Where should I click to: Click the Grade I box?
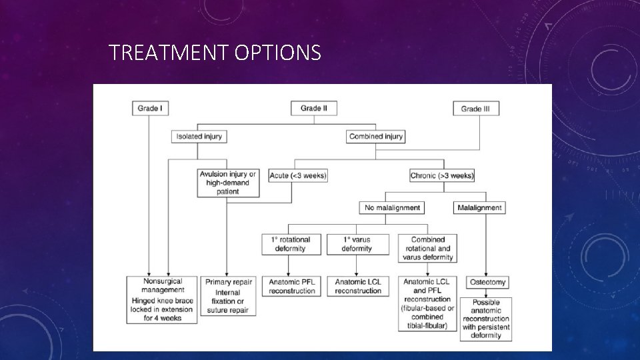150,108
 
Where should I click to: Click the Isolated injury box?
198,137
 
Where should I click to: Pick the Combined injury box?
376,137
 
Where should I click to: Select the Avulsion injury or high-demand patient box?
228,183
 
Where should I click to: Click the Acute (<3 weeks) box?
298,176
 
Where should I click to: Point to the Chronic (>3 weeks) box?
443,176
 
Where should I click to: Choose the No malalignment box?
392,207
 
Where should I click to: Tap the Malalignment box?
480,207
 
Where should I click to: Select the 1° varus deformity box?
357,244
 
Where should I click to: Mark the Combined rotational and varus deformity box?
428,248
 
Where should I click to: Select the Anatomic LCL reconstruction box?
358,286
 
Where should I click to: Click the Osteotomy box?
485,283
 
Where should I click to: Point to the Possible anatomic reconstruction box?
485,319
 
